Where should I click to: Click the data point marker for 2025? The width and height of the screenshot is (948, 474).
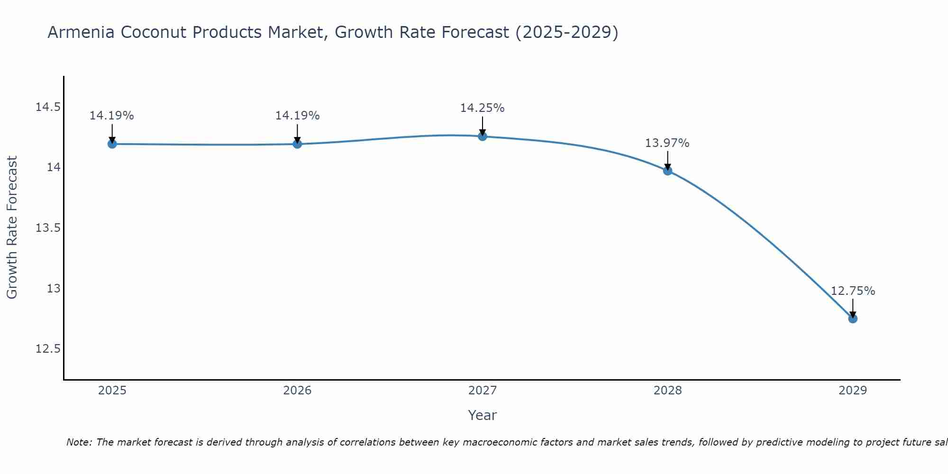[x=112, y=144]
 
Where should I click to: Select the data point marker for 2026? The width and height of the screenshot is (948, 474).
[x=297, y=144]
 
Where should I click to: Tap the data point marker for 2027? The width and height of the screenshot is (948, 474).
[x=483, y=137]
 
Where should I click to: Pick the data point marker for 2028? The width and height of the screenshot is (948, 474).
[x=667, y=171]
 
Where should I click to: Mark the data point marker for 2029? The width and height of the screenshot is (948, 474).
[x=853, y=319]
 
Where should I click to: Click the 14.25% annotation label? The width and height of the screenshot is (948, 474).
[x=482, y=108]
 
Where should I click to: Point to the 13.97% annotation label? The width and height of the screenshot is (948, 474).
[x=667, y=143]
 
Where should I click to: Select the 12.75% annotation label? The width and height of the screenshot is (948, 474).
[x=853, y=291]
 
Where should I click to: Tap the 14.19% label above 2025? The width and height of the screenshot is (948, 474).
[x=112, y=116]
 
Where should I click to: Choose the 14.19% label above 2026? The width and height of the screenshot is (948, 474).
[x=297, y=116]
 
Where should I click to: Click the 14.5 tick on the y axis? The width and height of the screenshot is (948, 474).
[x=48, y=107]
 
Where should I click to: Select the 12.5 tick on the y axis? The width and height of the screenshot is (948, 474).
[x=48, y=349]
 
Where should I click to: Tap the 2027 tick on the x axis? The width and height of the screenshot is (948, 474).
[x=483, y=391]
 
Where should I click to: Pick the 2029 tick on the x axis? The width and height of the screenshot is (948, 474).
[x=853, y=391]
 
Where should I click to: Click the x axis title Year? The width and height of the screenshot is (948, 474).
[x=482, y=415]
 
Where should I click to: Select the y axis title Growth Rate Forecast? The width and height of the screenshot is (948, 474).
[x=12, y=228]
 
